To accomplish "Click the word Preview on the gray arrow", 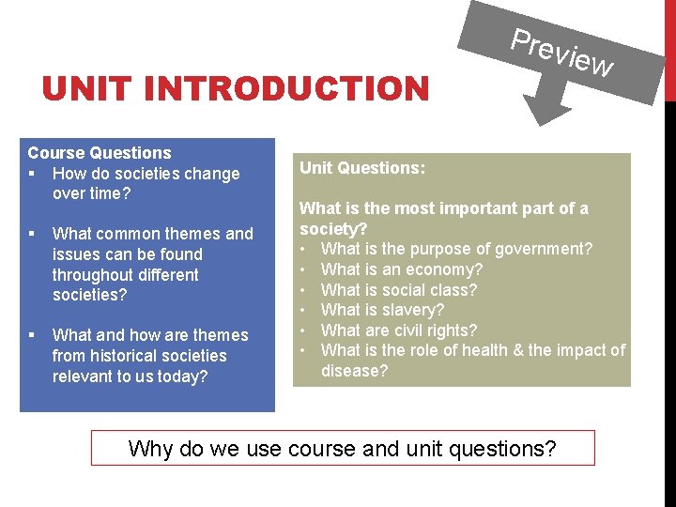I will click(x=561, y=53).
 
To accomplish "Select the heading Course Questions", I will click(x=100, y=152).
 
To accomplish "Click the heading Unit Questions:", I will click(x=362, y=168).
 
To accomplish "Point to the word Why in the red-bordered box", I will click(x=150, y=449).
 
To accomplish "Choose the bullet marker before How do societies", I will click(x=32, y=174).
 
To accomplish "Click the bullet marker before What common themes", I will click(x=32, y=234).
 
